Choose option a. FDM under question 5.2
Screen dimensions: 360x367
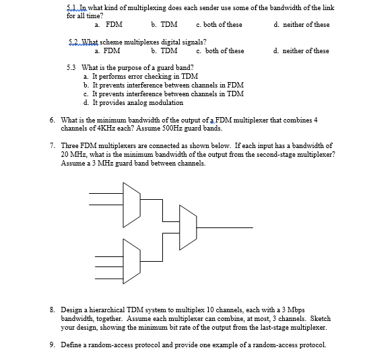(108, 51)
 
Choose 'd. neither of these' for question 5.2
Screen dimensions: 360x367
(302, 51)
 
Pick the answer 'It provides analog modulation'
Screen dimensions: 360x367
(133, 103)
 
